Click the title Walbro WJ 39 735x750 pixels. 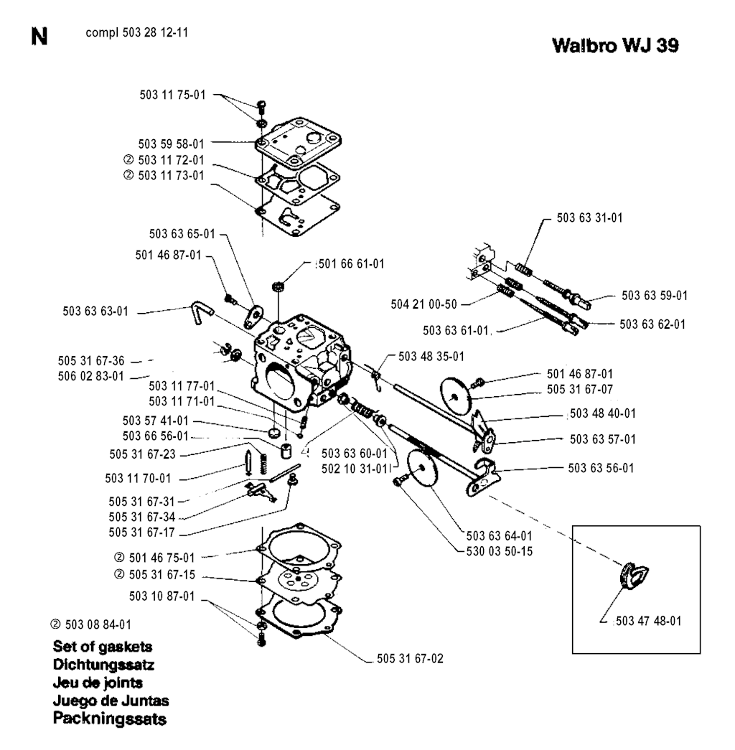click(616, 45)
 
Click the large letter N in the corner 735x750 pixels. click(39, 35)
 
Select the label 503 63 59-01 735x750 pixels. click(655, 295)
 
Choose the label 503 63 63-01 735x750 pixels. click(96, 311)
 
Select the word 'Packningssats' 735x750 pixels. click(110, 718)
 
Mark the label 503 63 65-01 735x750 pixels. click(182, 233)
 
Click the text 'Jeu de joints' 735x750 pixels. click(98, 682)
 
